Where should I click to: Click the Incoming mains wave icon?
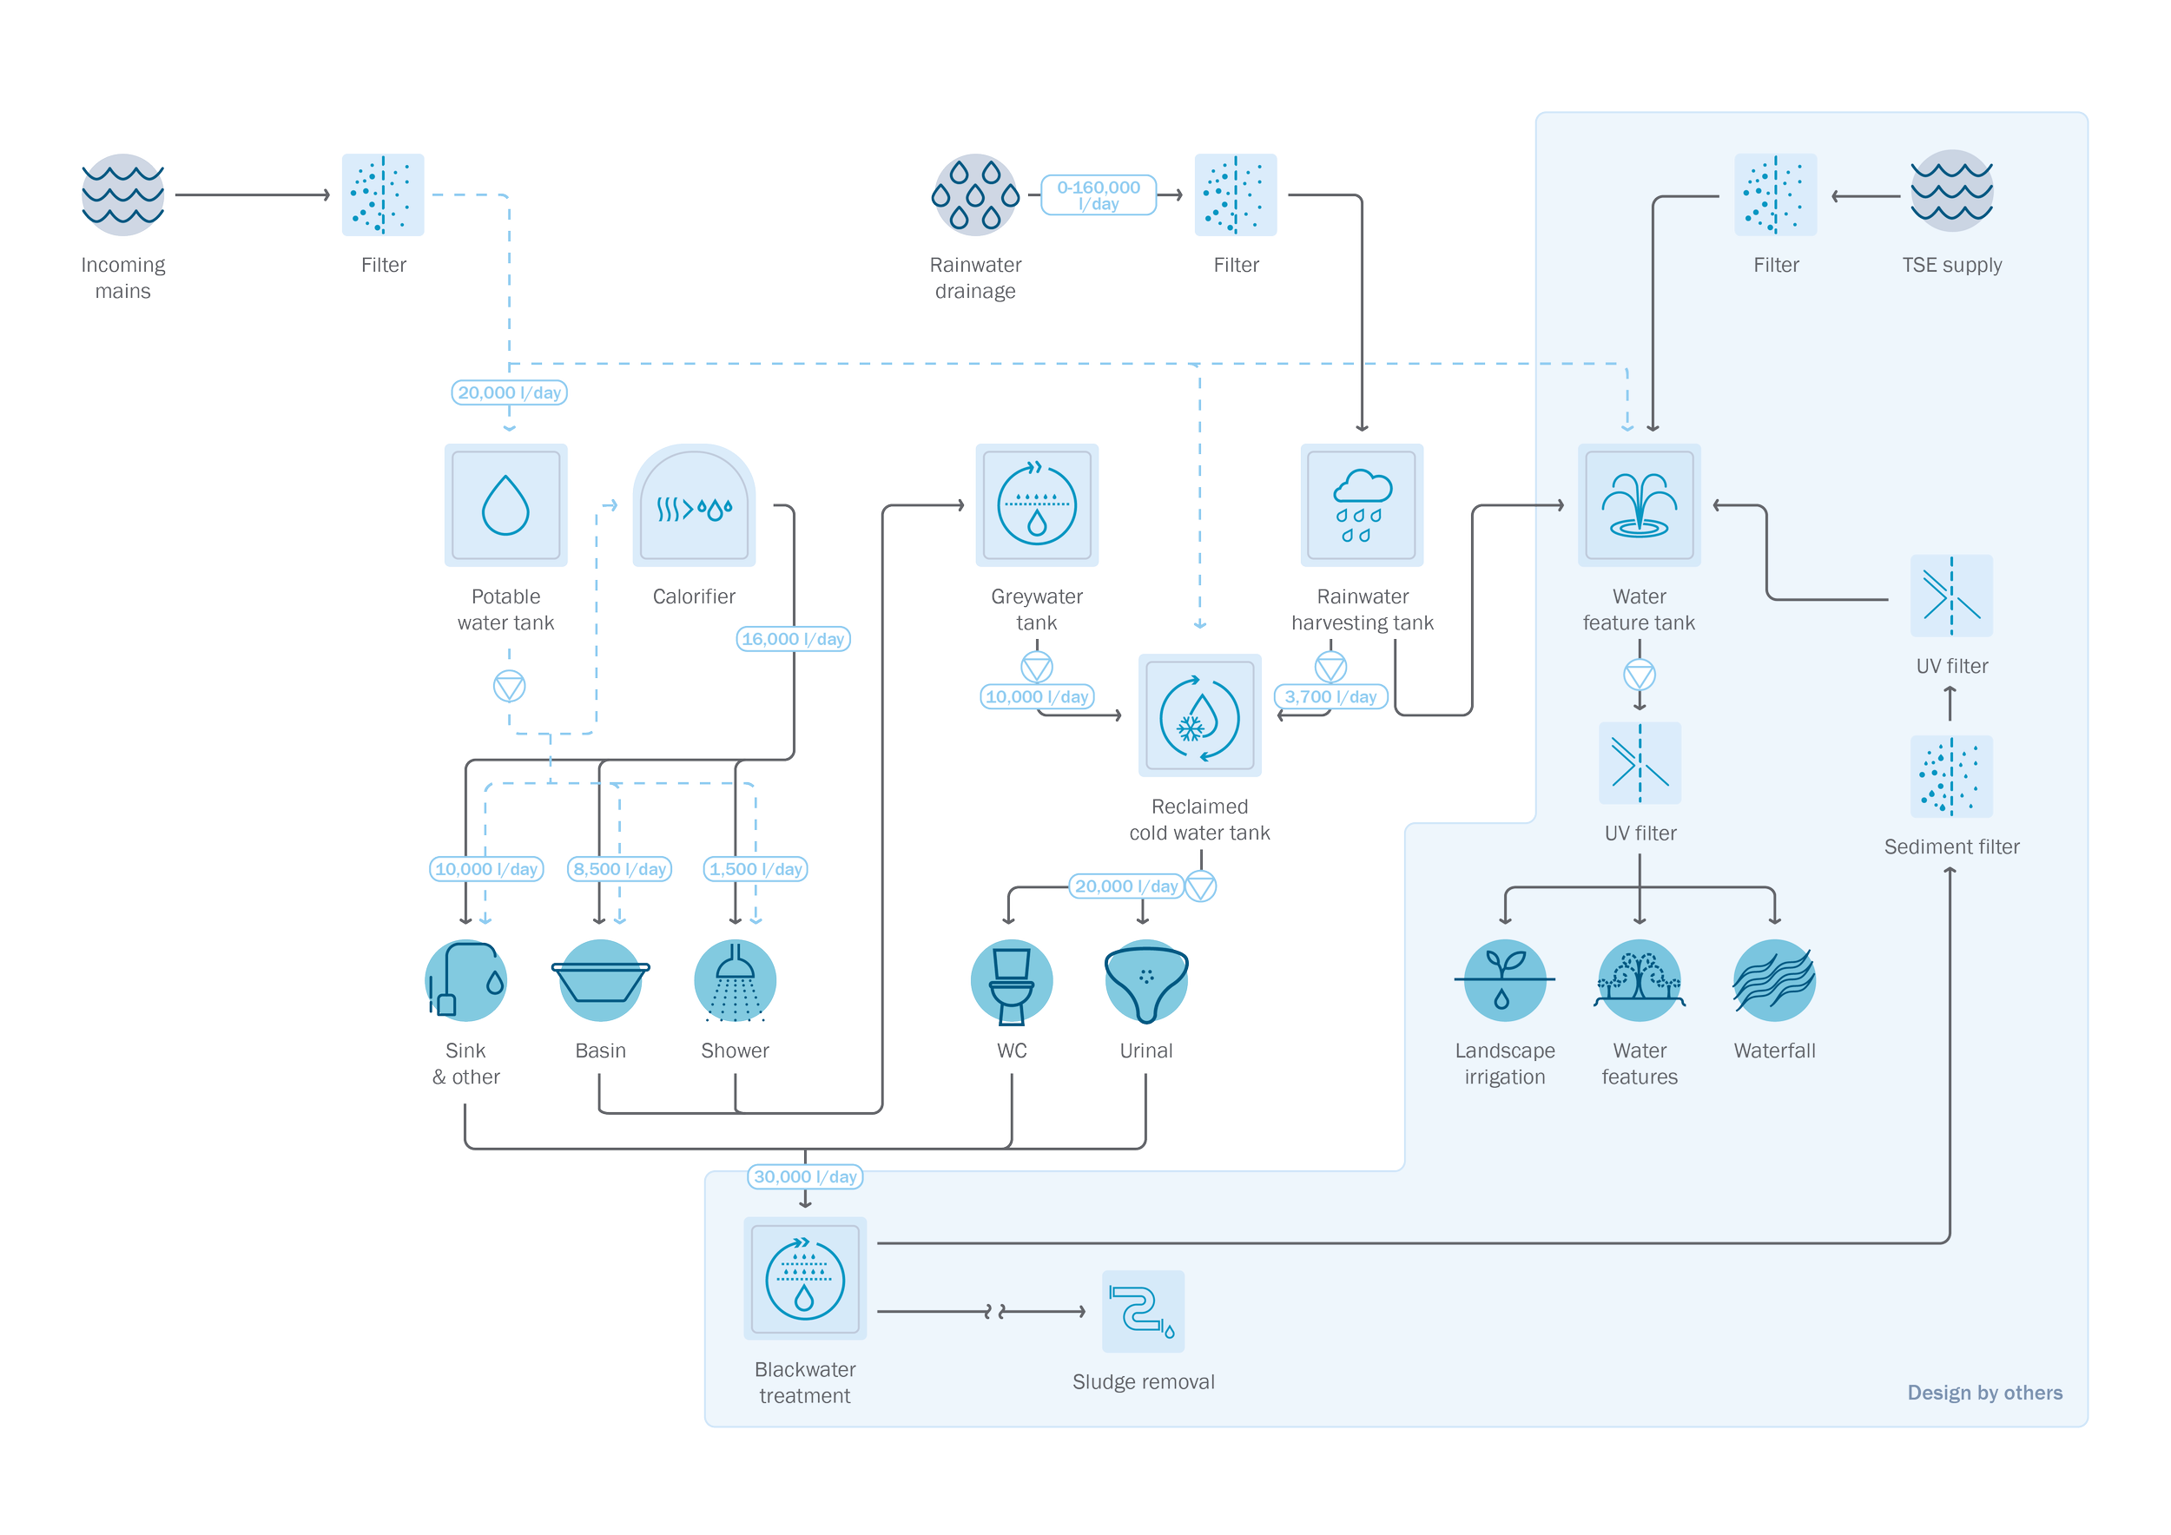click(123, 194)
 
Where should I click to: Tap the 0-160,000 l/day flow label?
click(1098, 194)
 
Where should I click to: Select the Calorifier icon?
click(694, 507)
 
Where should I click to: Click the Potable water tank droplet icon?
click(506, 505)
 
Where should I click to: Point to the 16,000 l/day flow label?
click(792, 639)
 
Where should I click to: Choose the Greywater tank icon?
click(1037, 505)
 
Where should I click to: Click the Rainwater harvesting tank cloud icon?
click(1362, 505)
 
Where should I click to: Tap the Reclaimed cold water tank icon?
click(1199, 715)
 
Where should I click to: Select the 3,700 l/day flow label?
click(1330, 696)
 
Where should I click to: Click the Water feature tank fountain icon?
click(1639, 505)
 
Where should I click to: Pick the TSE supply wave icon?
click(1951, 192)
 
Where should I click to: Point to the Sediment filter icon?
click(1950, 777)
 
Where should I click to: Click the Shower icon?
click(735, 981)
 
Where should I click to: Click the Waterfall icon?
click(1774, 981)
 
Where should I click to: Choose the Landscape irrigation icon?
click(1504, 981)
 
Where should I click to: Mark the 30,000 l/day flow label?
click(805, 1176)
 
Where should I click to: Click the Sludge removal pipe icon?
click(1141, 1311)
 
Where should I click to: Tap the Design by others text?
click(1983, 1393)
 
